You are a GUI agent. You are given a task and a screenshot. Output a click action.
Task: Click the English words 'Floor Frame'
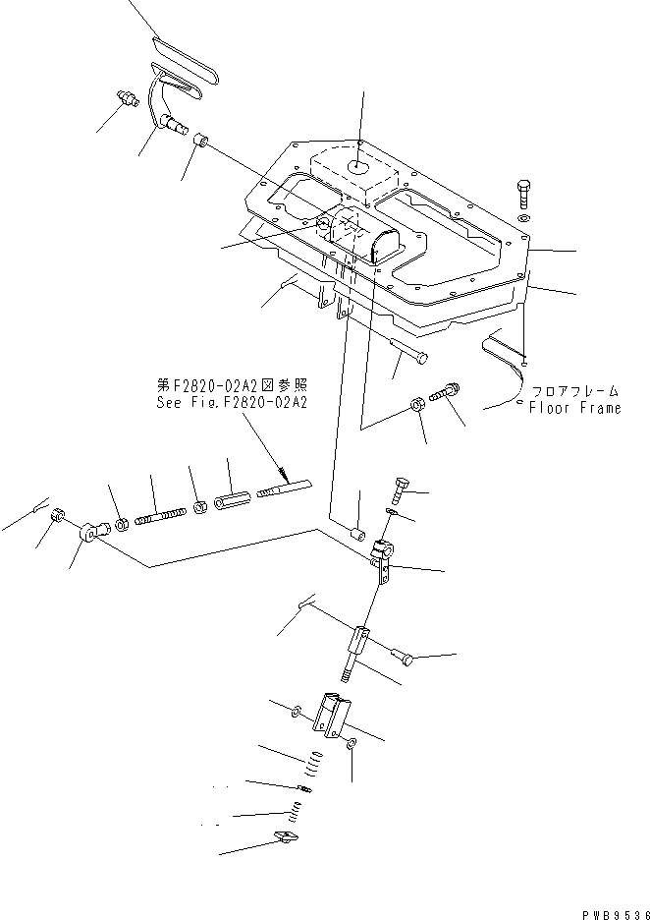tap(575, 408)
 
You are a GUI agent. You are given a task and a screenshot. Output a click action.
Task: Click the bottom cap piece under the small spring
tap(285, 837)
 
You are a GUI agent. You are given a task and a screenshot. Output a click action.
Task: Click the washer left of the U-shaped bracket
tap(297, 709)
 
